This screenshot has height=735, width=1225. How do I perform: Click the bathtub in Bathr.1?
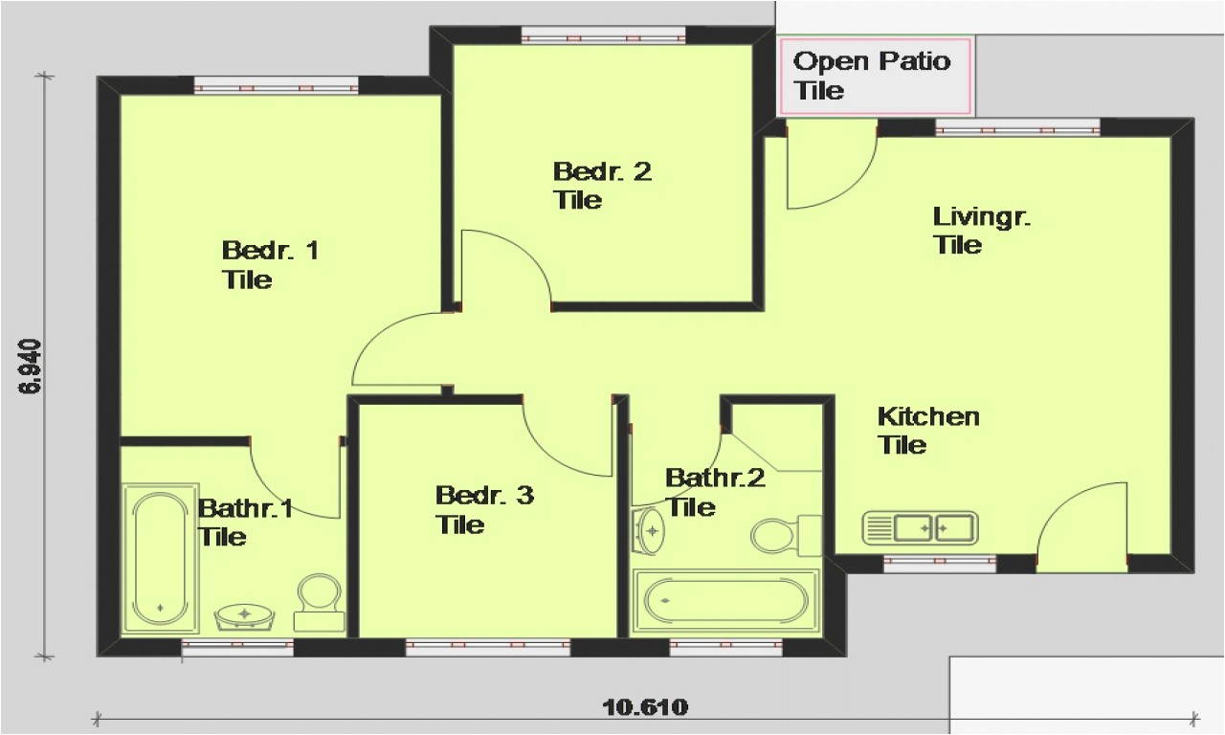(160, 558)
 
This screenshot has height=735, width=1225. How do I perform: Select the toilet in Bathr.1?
(319, 602)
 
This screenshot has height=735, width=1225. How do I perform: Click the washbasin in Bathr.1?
(246, 615)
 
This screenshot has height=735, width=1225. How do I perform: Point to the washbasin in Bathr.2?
(650, 529)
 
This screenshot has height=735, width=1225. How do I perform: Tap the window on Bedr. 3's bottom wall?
(487, 648)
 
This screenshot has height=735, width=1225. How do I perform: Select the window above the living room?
(1017, 128)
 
